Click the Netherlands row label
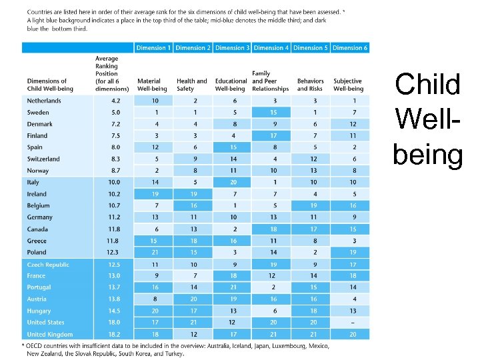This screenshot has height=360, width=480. pyautogui.click(x=43, y=101)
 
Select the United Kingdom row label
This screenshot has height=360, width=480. pyautogui.click(x=49, y=334)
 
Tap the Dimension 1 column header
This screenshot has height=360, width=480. pyautogui.click(x=153, y=48)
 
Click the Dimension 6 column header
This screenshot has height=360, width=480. pyautogui.click(x=350, y=48)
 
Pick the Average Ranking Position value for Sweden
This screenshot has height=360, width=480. pyautogui.click(x=115, y=112)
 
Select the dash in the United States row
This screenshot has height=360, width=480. pyautogui.click(x=353, y=323)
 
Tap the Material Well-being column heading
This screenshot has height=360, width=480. pyautogui.click(x=153, y=85)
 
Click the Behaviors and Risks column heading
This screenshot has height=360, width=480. pyautogui.click(x=310, y=85)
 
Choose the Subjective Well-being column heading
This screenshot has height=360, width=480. pyautogui.click(x=348, y=85)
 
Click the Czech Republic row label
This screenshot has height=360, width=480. pyautogui.click(x=48, y=265)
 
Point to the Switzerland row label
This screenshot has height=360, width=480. pyautogui.click(x=43, y=159)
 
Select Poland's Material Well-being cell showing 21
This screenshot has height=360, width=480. pyautogui.click(x=155, y=252)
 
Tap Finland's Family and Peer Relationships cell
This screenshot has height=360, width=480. pyautogui.click(x=273, y=135)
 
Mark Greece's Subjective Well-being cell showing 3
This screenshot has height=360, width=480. pyautogui.click(x=353, y=241)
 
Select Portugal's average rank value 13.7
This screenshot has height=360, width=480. pyautogui.click(x=115, y=287)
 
